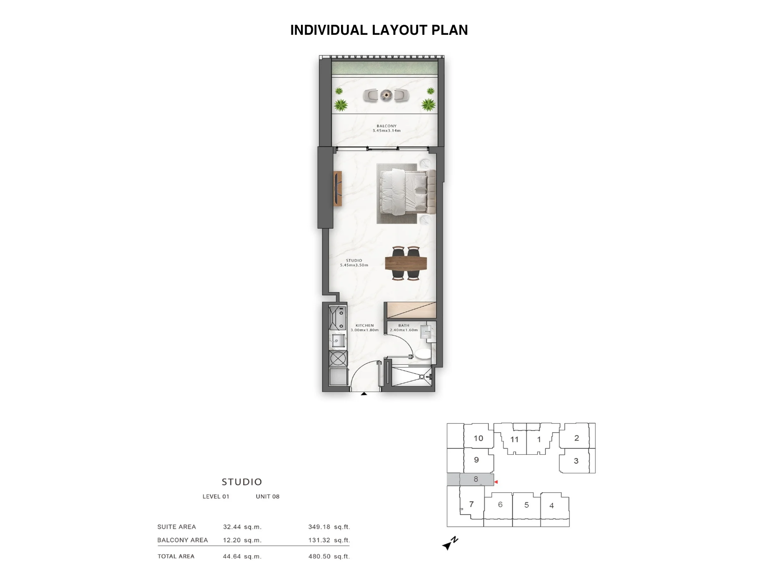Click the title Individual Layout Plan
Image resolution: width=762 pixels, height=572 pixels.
point(379,30)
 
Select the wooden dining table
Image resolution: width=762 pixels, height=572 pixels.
point(406,263)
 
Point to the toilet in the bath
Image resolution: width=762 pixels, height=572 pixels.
point(423,354)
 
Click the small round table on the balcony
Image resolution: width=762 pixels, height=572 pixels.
point(386,94)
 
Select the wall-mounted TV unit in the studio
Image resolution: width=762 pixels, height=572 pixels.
point(338,189)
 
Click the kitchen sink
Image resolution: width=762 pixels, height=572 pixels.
point(338,340)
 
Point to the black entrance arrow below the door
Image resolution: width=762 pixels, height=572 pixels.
point(364,394)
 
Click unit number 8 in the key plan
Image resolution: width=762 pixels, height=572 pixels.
point(476,479)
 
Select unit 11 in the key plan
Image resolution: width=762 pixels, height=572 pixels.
point(514,439)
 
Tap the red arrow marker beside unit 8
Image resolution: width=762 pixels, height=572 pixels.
point(496,482)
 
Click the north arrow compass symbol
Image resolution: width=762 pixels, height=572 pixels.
point(450,543)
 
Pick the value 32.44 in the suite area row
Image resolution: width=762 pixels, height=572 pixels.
point(232,527)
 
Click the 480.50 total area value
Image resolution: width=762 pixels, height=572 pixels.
point(320,556)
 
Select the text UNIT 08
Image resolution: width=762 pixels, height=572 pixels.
point(268,497)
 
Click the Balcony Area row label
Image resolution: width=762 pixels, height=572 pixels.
point(182,540)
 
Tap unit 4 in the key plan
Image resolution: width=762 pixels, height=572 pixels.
point(551,506)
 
